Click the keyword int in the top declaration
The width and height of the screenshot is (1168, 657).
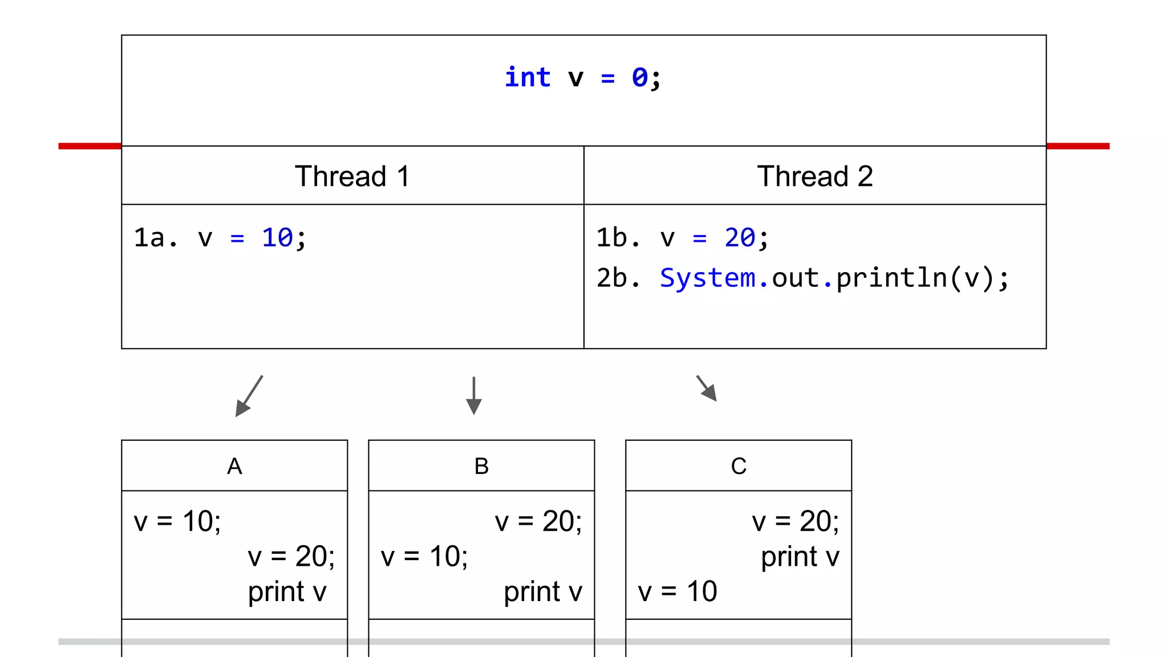point(528,78)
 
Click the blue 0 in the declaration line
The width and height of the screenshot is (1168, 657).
point(639,78)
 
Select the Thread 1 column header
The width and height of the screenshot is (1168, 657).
point(352,176)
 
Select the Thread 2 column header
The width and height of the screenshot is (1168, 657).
point(814,176)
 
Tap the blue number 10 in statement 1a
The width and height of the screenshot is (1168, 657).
point(277,238)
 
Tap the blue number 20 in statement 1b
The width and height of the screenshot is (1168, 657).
point(740,238)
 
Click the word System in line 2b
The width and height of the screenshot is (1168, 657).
point(707,278)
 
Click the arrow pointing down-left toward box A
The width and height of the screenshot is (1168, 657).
point(249,396)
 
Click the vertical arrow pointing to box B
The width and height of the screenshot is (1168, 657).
point(473,395)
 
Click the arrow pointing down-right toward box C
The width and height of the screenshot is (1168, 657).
point(707,388)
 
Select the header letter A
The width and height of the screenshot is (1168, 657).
point(234,467)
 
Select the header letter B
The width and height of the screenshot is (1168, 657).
point(481,467)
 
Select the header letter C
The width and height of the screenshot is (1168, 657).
point(739,467)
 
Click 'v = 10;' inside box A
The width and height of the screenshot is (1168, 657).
point(177,521)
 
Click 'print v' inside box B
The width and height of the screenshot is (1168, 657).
point(542,592)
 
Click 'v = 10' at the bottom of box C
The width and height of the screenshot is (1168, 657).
point(677,591)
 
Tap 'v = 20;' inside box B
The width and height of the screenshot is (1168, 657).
point(538,521)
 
